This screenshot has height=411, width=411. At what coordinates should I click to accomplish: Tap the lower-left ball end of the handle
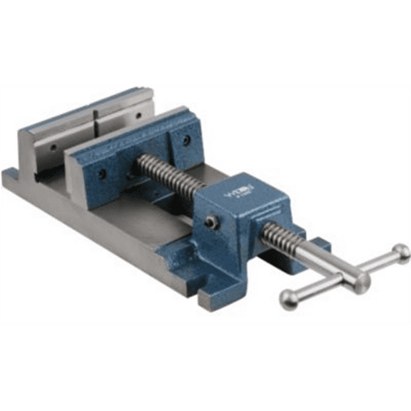click(x=289, y=300)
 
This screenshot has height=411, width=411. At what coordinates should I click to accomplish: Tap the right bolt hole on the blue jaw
click(x=187, y=141)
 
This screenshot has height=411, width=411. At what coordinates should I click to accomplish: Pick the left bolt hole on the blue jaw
click(x=102, y=173)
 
